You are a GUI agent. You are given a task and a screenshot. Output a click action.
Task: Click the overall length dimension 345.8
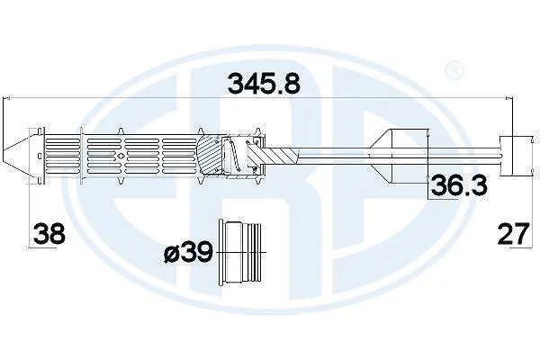pos(264,84)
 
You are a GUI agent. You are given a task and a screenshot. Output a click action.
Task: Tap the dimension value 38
pos(49,234)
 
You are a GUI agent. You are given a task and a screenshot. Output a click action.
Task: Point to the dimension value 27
pos(513,234)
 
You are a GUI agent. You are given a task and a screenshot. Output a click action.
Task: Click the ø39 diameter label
pos(188,253)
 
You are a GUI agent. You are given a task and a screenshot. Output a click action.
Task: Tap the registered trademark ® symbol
pos(454,70)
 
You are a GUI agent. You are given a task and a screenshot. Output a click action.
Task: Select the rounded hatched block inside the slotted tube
pos(209,156)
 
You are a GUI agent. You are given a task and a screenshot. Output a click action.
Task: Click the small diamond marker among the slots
pos(120,156)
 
